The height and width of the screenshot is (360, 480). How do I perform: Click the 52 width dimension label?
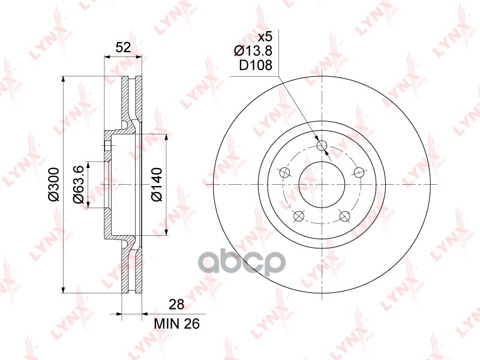point(124,47)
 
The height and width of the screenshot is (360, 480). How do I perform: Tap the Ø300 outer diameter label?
point(54,184)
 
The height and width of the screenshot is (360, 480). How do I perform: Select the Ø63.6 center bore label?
point(78,185)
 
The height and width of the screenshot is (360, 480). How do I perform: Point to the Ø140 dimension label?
point(157,184)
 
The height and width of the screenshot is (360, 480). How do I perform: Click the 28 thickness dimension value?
point(176,305)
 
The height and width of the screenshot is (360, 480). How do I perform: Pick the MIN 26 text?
point(177,323)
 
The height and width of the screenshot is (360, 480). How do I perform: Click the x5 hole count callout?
point(265,37)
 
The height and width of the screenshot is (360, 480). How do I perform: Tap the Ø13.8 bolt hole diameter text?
point(253,51)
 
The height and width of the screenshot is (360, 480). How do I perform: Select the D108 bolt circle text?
point(256,65)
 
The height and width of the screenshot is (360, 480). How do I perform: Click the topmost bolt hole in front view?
point(322,145)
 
